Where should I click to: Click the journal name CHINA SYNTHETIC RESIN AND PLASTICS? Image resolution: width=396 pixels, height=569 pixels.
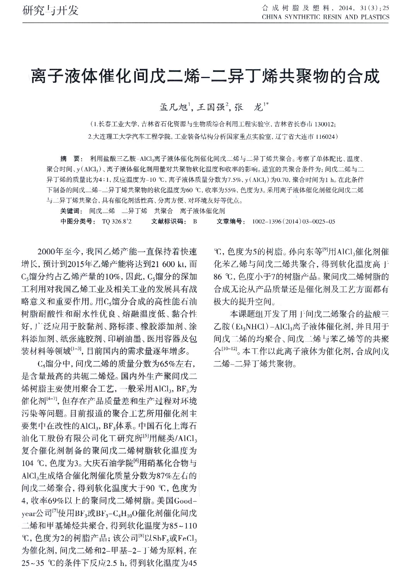click(x=326, y=17)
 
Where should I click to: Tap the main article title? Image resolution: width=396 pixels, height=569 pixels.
click(x=205, y=76)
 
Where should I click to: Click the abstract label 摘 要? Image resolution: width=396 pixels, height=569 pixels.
click(x=70, y=159)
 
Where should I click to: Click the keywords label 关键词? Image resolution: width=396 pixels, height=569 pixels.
click(x=72, y=211)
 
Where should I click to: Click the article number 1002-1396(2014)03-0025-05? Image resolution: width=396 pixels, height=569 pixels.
click(x=294, y=221)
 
